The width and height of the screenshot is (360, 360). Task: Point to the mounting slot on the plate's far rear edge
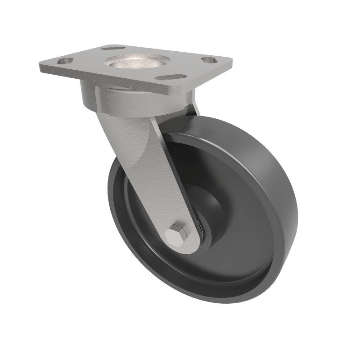tap(113, 48)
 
